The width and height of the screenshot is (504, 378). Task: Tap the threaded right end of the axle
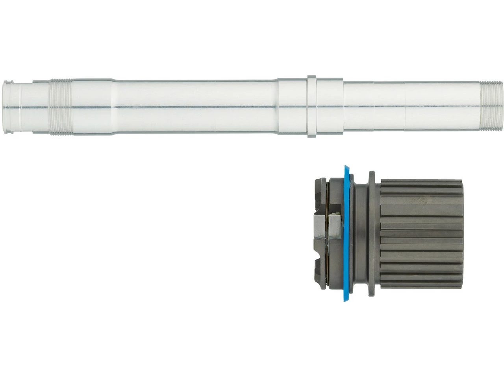(492, 106)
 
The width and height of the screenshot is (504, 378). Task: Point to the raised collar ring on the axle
(311, 106)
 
